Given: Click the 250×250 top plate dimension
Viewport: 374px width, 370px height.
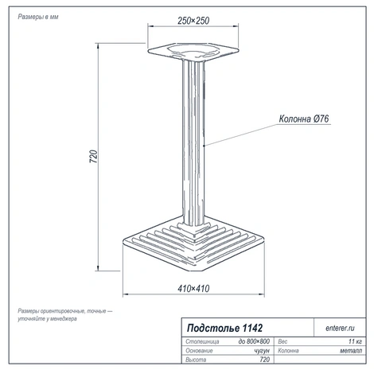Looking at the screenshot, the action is click(x=193, y=21).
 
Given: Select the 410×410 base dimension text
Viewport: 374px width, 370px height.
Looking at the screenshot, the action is click(x=193, y=288).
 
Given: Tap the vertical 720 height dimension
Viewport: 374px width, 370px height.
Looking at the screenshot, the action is click(x=94, y=157).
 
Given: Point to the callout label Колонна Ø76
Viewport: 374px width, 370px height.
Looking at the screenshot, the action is click(x=304, y=119).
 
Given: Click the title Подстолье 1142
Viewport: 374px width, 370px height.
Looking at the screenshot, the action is click(x=224, y=328).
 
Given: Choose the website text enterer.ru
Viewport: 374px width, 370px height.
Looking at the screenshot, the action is click(x=340, y=328).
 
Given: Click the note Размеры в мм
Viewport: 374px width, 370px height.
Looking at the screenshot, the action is click(x=38, y=17).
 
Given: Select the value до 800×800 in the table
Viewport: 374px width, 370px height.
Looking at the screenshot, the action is click(x=254, y=341).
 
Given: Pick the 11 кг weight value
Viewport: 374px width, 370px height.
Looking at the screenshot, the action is click(x=355, y=341).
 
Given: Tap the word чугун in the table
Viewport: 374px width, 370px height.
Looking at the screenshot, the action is click(x=262, y=351).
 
